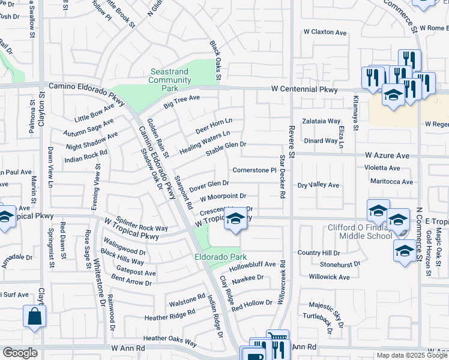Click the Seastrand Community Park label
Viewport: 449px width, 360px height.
(x=169, y=80)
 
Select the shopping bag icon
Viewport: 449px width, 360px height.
(x=34, y=316)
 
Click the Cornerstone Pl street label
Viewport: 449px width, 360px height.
(x=254, y=170)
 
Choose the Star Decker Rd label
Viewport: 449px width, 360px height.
(x=282, y=177)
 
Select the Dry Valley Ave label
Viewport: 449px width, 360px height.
(x=319, y=185)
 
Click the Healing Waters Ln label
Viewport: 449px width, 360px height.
(x=205, y=142)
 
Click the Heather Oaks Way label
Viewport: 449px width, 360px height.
(x=170, y=340)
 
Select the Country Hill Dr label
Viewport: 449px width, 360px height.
(x=322, y=253)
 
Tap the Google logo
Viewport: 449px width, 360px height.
(x=20, y=353)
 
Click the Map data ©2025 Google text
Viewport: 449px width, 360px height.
(x=411, y=355)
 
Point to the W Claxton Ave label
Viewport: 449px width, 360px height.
(x=325, y=31)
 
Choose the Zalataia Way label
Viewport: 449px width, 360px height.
(x=321, y=120)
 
